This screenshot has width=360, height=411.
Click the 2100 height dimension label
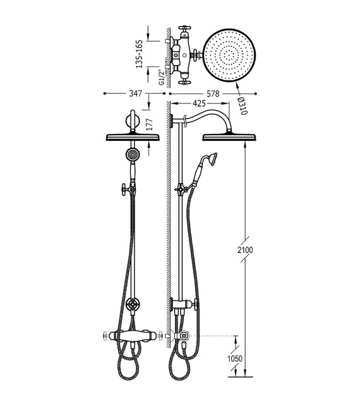pos(245,250)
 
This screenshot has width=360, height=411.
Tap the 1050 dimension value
pos(235,359)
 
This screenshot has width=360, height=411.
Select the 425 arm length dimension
pos(199,104)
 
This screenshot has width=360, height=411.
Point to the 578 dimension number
pos(213,93)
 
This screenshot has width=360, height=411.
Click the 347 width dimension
pos(136,93)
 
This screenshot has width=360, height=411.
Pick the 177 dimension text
pos(149,125)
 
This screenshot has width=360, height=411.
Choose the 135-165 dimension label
pos(139,54)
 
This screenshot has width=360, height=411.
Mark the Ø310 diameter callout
pos(243,106)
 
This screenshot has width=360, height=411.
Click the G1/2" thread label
pos(162,77)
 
